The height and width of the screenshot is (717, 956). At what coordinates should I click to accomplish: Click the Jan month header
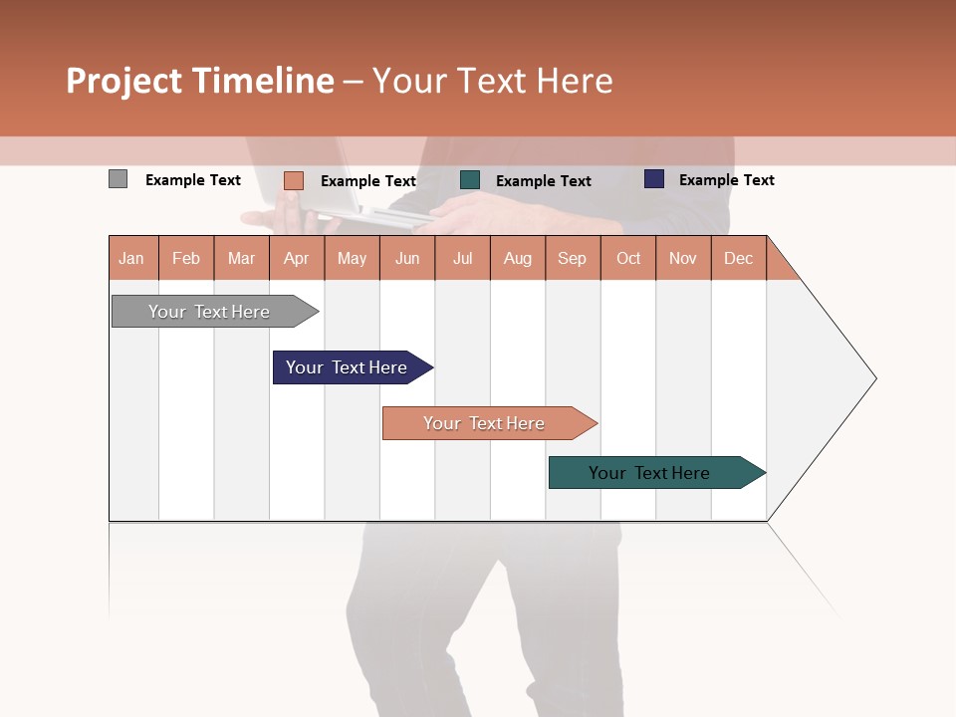point(132,258)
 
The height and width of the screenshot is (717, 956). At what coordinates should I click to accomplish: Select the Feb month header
point(186,258)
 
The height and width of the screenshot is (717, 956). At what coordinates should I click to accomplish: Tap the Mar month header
point(241,258)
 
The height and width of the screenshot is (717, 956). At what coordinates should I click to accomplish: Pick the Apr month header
point(297,258)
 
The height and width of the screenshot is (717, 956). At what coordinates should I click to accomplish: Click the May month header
point(352,258)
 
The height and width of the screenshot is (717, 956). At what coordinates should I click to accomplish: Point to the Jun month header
point(407,258)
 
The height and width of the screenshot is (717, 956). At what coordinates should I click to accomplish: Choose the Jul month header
point(462,258)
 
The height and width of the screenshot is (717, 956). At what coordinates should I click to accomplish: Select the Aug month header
point(518,258)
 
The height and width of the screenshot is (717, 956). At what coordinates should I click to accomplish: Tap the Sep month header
point(573,258)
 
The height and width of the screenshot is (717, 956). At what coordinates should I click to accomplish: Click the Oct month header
point(628,258)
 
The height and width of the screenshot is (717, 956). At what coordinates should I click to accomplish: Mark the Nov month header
point(683,258)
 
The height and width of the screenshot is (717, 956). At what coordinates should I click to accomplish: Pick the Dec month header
point(739,258)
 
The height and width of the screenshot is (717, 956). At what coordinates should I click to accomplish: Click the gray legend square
point(119,179)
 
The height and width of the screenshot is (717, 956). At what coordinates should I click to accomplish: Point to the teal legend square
point(470,180)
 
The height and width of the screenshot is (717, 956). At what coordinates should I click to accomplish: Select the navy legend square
point(654,179)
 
